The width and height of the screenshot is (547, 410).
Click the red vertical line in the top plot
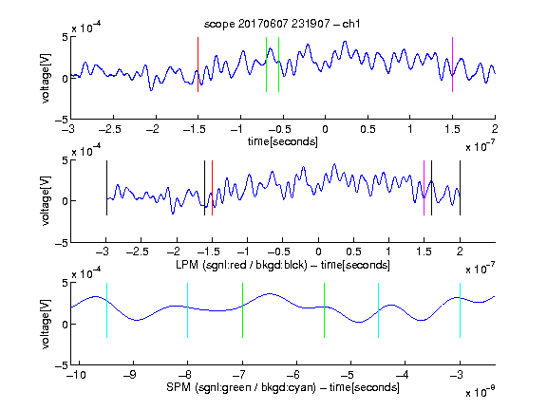point(198,65)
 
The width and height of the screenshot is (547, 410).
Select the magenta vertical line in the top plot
point(452,65)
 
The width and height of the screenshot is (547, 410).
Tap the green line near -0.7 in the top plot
point(266,65)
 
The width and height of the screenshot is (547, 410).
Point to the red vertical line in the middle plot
point(212,188)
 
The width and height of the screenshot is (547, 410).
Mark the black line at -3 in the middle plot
point(106,188)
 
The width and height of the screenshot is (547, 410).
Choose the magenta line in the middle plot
point(424,188)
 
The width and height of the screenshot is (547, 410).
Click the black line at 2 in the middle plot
point(460,188)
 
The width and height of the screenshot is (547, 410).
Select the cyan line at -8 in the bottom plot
point(188,310)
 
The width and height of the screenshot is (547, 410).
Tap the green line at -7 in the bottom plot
point(242,310)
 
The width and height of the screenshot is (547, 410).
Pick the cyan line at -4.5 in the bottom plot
point(379,310)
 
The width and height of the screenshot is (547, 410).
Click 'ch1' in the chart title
point(351,24)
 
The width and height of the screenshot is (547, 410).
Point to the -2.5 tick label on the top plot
point(109,129)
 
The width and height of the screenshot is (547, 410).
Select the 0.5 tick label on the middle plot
point(353,252)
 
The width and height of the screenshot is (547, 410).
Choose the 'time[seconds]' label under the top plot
point(283,141)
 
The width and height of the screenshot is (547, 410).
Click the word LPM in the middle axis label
point(187,265)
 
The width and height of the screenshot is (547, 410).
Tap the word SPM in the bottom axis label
point(179,387)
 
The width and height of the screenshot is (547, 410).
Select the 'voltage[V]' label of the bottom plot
point(46,324)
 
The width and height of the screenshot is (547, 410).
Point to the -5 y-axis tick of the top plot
point(62,120)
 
